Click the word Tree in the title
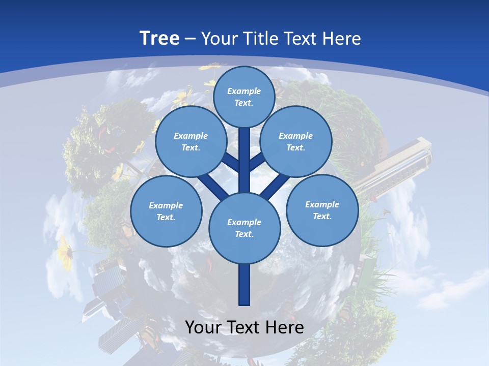159,38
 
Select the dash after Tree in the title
191,39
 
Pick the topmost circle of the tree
244,97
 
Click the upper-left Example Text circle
191,142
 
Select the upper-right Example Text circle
295,142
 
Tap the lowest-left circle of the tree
166,211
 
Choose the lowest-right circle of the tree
322,210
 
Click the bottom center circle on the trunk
244,228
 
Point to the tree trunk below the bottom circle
244,285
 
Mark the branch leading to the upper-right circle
257,163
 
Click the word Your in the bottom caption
203,327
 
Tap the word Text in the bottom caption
243,327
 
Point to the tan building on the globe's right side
402,163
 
